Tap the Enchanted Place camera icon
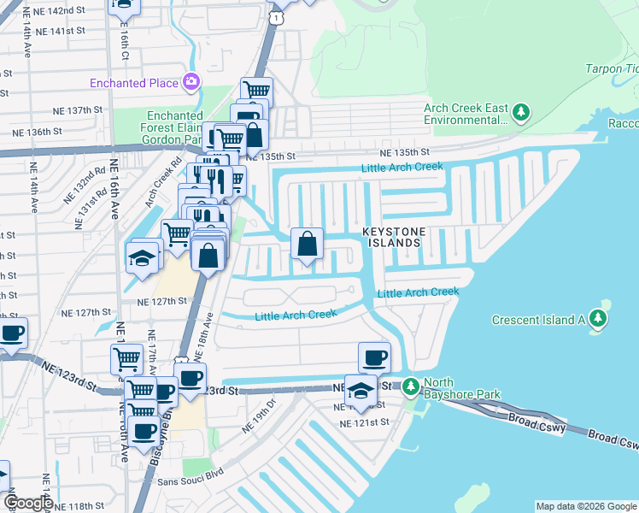[191, 83]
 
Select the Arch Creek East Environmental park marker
[520, 112]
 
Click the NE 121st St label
[364, 422]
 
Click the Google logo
[27, 502]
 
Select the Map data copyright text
[585, 506]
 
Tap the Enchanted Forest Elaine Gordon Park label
[174, 127]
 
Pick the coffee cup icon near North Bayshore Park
[373, 357]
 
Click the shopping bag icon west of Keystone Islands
[307, 244]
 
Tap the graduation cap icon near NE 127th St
[142, 257]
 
